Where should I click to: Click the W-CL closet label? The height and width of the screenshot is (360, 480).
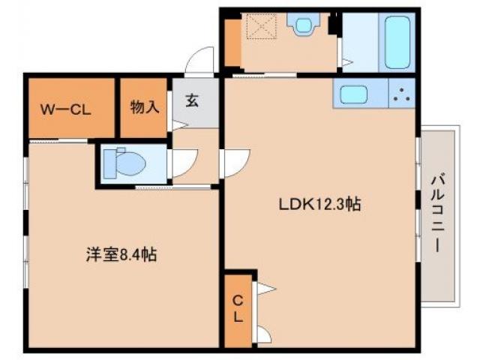pos(65,108)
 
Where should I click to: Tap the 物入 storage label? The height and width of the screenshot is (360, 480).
pos(144,106)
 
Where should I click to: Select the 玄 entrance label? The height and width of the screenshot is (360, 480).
pos(192,100)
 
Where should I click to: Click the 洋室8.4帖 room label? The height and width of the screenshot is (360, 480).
pos(120,255)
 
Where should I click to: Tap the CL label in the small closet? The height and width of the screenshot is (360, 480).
pos(237,309)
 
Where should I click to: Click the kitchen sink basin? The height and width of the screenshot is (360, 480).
pos(352,95)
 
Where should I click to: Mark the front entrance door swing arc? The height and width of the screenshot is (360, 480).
pos(201,60)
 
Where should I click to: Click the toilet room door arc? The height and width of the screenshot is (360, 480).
pos(184,161)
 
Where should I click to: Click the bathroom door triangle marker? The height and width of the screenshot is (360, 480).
pos(346,57)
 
